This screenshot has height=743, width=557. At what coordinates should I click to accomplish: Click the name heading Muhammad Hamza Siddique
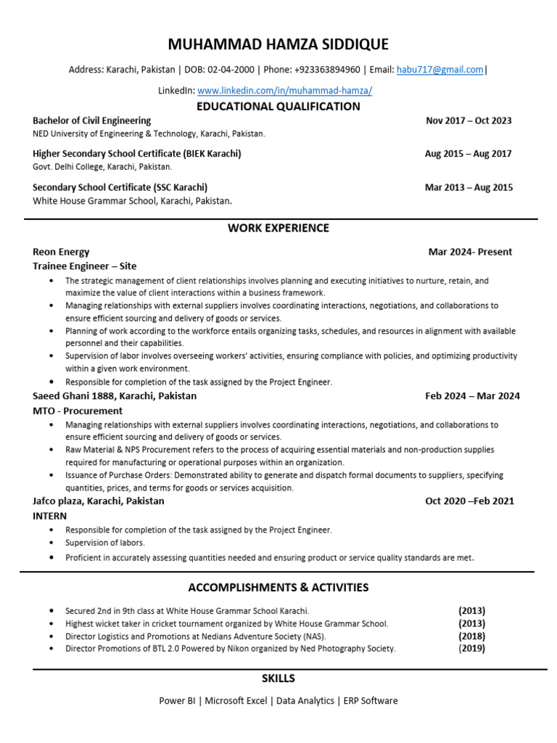point(278,45)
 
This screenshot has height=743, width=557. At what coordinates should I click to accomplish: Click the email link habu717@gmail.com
point(440,70)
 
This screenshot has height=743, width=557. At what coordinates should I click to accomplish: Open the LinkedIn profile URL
point(285,91)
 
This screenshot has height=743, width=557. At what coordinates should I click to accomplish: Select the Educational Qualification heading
point(278,107)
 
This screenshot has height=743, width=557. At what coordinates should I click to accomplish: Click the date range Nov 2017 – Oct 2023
point(469,120)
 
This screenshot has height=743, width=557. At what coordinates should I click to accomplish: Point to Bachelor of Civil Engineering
point(92,120)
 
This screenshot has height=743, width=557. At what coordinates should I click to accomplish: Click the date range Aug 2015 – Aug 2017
point(469,154)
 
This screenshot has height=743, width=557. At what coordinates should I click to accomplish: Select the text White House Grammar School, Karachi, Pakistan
point(133,200)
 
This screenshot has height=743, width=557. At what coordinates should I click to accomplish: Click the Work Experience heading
point(278,228)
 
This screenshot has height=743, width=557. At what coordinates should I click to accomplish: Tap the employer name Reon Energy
point(61,252)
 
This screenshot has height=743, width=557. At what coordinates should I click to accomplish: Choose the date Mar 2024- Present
point(470,252)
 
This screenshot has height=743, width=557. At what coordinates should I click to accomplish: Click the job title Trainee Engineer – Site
point(85,266)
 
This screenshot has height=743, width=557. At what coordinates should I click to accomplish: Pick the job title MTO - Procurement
point(78,411)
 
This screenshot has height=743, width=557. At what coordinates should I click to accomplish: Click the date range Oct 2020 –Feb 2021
point(470,501)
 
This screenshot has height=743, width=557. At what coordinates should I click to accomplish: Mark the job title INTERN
point(50,516)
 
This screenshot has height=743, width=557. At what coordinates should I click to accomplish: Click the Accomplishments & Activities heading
point(278,587)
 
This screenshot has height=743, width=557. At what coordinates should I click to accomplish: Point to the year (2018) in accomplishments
point(471,636)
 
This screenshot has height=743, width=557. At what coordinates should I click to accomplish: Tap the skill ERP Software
point(371,701)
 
